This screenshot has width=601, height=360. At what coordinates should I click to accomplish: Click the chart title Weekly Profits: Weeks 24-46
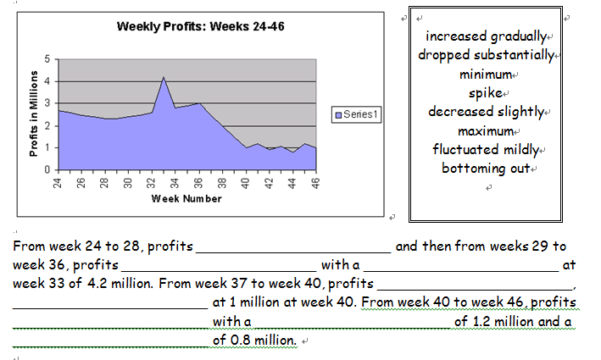pyautogui.click(x=200, y=28)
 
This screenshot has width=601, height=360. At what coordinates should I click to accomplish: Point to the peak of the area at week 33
pyautogui.click(x=163, y=78)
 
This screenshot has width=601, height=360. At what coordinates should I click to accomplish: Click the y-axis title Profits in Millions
pyautogui.click(x=35, y=115)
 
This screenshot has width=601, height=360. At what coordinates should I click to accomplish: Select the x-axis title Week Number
pyautogui.click(x=187, y=199)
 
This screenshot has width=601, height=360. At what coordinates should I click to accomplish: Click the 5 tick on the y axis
pyautogui.click(x=47, y=58)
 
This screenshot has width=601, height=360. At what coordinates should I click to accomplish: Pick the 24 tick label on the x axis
pyautogui.click(x=58, y=182)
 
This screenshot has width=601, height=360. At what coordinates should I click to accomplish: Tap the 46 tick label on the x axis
pyautogui.click(x=315, y=182)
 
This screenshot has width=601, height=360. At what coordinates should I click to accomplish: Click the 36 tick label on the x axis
pyautogui.click(x=198, y=182)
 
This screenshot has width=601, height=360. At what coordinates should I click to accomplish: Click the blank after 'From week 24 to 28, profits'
pyautogui.click(x=293, y=247)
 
